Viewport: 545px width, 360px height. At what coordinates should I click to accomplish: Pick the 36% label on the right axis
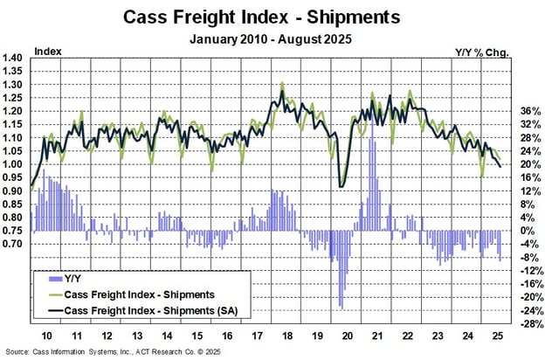(x=517, y=112)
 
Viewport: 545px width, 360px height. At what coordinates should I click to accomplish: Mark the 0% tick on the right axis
(x=517, y=232)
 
